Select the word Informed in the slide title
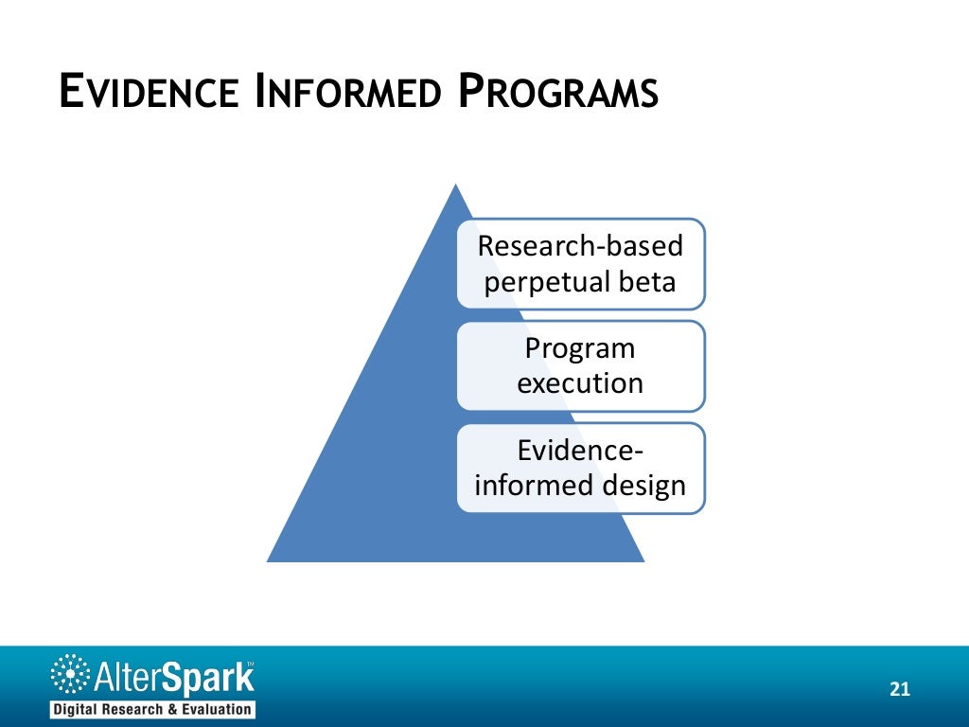tap(349, 95)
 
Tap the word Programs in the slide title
tap(558, 95)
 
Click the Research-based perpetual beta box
tap(580, 263)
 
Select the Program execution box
tap(580, 365)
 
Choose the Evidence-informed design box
tap(580, 468)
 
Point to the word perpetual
tap(544, 282)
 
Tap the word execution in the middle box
tap(580, 383)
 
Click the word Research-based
tap(580, 246)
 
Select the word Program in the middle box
tap(580, 349)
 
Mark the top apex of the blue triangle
tap(455, 186)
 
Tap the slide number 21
tap(899, 689)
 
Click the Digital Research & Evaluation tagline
tap(151, 709)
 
